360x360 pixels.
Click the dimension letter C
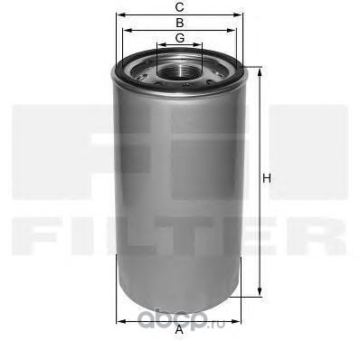point(181,7)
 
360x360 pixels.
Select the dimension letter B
point(181,22)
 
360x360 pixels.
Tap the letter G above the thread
point(181,37)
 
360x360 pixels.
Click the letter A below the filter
point(180,329)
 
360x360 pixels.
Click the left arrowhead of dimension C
point(118,14)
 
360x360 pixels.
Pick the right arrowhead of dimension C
point(242,14)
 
